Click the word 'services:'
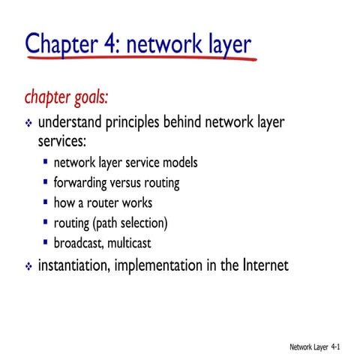point(63,141)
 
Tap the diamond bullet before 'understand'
point(29,123)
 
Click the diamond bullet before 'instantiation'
point(29,266)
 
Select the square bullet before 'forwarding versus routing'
point(46,182)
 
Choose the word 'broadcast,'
point(82,243)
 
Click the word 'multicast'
point(139,243)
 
